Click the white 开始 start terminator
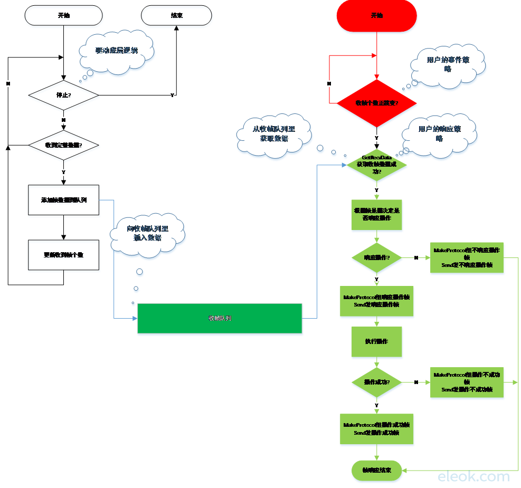tap(63, 15)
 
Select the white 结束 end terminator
tap(176, 15)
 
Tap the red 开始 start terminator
tap(376, 16)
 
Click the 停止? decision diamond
tap(63, 95)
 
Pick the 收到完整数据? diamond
tap(63, 145)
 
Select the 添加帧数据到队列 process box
tap(63, 200)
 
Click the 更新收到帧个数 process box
tap(63, 255)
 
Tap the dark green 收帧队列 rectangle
tap(220, 318)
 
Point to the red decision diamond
tap(376, 103)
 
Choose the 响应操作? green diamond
tap(376, 258)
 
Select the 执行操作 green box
tap(376, 342)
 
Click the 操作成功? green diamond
tap(376, 382)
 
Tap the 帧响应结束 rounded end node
tap(376, 470)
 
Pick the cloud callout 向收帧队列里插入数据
tap(147, 233)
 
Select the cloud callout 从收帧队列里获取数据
tap(273, 134)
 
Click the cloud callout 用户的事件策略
tap(448, 64)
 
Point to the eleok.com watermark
tap(473, 477)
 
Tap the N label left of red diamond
tap(329, 84)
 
